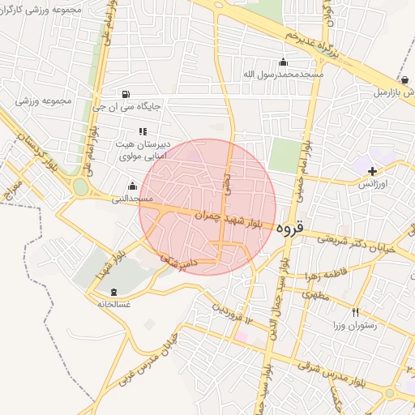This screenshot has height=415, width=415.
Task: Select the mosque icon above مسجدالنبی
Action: click(132, 186)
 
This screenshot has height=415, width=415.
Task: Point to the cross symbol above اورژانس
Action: click(372, 171)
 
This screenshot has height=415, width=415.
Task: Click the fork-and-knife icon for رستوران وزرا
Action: click(354, 312)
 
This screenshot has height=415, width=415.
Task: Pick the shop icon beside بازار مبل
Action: click(404, 80)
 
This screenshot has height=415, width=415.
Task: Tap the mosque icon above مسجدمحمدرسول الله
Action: click(283, 62)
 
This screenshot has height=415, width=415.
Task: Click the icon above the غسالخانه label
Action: click(113, 291)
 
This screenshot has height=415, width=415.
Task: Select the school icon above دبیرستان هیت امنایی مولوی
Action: click(143, 130)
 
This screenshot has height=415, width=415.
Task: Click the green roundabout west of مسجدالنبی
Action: click(80, 188)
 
